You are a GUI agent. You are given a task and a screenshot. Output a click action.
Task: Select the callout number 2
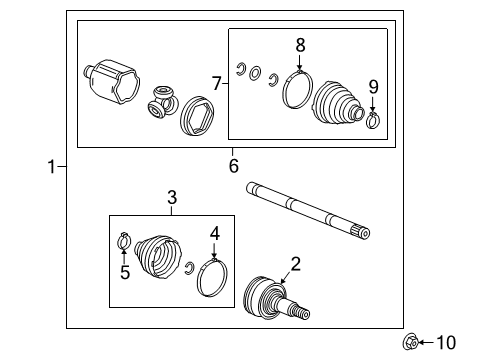[295, 264]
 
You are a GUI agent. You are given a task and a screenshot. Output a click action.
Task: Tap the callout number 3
[171, 199]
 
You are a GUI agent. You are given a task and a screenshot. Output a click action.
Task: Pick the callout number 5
[124, 271]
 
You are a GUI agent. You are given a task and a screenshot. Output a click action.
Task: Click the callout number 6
[233, 165]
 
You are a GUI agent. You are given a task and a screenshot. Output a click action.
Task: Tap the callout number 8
[298, 44]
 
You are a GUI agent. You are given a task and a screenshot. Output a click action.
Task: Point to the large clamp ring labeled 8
[297, 87]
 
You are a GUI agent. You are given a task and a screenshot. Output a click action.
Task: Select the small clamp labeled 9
[372, 121]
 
